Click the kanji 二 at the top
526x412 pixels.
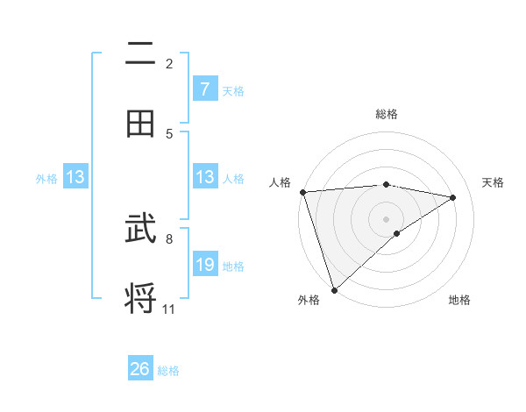pos(140,54)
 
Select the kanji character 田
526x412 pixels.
pos(140,123)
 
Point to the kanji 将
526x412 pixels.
pos(140,296)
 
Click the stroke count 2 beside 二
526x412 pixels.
pos(169,63)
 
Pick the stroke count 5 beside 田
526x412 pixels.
pos(169,133)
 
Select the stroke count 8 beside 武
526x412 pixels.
pos(169,238)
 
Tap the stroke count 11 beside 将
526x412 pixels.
pos(169,309)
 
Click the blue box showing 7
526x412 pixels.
pos(204,89)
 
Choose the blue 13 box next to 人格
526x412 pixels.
pos(204,177)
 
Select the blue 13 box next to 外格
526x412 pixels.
pos(75,177)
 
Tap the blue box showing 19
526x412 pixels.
pos(204,265)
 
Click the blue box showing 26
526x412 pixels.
pos(140,369)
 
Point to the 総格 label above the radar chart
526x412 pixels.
pos(387,114)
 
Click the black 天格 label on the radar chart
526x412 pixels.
pos(494,182)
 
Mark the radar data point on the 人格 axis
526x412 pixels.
pos(302,192)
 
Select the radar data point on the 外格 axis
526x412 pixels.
pos(334,289)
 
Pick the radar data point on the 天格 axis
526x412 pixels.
pos(453,197)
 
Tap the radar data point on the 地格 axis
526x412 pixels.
pos(397,233)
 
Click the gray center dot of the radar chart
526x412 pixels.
pos(387,218)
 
